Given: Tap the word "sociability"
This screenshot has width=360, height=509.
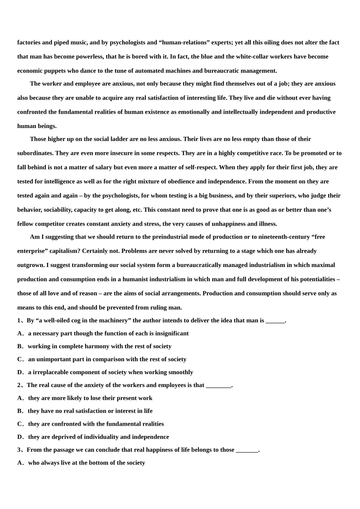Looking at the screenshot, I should coord(57,210).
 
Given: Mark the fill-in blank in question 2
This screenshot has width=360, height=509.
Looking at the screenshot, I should coord(218,386).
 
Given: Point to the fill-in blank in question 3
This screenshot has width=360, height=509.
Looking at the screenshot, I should coord(247,450).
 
